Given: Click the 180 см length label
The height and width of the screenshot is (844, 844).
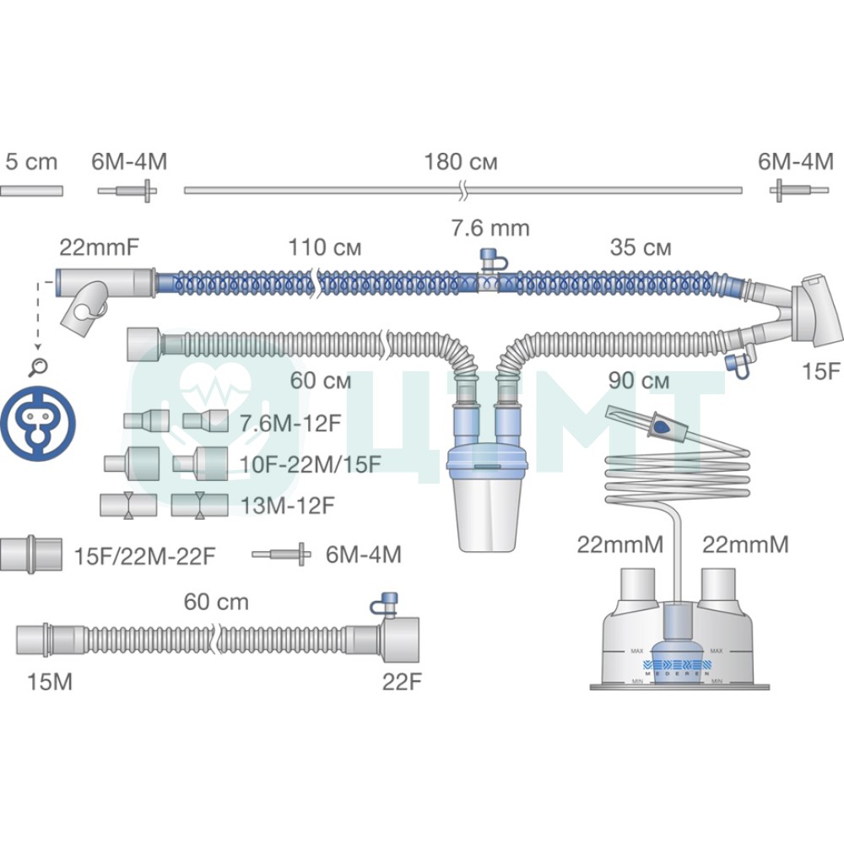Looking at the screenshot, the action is [x=461, y=162].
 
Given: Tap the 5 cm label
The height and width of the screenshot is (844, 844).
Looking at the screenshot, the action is [x=31, y=162].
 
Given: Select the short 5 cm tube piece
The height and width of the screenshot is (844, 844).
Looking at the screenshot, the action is [x=31, y=191].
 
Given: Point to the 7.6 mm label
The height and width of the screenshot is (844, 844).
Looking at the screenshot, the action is [x=490, y=228].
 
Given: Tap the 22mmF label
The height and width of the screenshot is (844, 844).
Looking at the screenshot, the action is [x=99, y=247].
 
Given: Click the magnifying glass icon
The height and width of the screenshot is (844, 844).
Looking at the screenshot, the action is [x=38, y=367].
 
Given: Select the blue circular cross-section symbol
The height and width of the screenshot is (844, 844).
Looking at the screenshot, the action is [x=38, y=423].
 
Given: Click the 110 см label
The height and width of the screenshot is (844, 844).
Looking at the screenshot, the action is [x=325, y=247].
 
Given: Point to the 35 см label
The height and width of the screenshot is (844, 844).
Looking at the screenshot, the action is [x=641, y=247].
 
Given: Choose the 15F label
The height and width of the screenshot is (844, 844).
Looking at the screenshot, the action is [x=821, y=371].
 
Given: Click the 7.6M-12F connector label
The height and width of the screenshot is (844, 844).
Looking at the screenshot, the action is [x=290, y=424].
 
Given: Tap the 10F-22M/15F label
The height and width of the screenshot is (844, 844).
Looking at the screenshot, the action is [x=311, y=464].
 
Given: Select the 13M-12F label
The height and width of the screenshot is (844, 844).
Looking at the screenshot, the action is [x=287, y=506].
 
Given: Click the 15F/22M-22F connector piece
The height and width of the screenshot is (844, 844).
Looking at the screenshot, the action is [x=30, y=554].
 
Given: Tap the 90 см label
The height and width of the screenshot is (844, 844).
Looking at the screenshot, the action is [x=639, y=381].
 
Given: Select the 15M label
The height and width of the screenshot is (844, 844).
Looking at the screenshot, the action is [x=50, y=682].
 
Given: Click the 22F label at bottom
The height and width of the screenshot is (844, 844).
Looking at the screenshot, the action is [x=402, y=682].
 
